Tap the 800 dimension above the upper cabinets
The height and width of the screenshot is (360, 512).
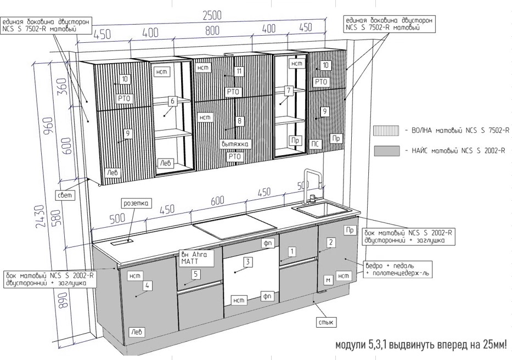pos(212,31)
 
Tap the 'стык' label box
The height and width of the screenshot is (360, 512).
pos(326,322)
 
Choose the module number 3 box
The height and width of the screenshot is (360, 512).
pos(248,262)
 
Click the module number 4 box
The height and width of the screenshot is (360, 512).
pos(148,285)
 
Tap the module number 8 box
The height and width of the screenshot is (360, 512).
pos(239,120)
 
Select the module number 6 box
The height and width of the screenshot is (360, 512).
pos(172,101)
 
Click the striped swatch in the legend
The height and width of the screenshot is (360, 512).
pos(386,131)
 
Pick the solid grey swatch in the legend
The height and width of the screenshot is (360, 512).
pos(386,151)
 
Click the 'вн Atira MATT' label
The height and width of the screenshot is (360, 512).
pos(195,258)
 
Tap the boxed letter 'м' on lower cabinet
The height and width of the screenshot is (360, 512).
pos(328,280)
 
